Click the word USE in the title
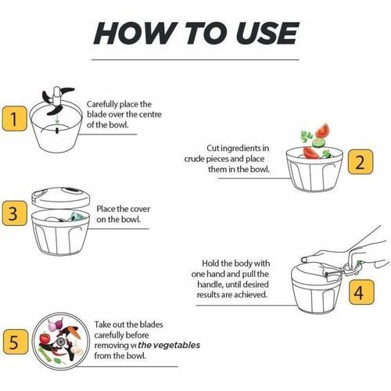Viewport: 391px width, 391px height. [266, 34]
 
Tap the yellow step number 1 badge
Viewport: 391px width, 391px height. [15, 119]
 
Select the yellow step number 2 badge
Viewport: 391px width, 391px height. [361, 162]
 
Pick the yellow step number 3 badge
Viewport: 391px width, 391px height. [15, 213]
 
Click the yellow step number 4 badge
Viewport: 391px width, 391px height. [361, 292]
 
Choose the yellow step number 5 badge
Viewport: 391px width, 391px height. [16, 342]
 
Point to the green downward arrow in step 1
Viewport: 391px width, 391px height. [57, 120]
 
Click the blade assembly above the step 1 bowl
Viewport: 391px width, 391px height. [57, 100]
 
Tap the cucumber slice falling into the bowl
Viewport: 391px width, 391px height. [318, 142]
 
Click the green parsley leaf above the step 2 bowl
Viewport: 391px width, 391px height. [307, 136]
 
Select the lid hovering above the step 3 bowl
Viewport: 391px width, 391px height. [61, 197]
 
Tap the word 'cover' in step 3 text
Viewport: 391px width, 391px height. [140, 209]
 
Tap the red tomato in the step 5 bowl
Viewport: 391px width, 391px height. [45, 338]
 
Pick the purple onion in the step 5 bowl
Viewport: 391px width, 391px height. [56, 324]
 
